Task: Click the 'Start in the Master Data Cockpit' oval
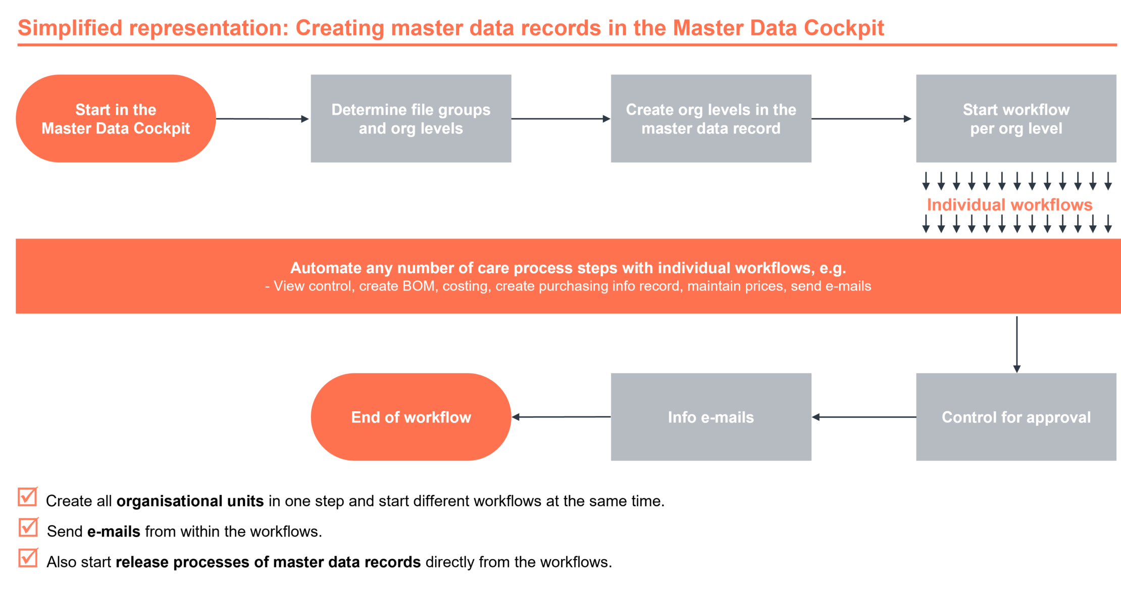click(x=116, y=119)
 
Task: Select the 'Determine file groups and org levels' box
click(x=411, y=119)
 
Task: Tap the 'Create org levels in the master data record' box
click(x=710, y=119)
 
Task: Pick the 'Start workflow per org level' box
click(x=1016, y=119)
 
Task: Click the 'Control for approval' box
click(x=1016, y=417)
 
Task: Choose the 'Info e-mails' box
click(x=710, y=417)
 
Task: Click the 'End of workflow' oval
click(x=411, y=417)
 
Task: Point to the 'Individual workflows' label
click(x=1009, y=205)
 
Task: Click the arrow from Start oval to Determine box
click(x=263, y=119)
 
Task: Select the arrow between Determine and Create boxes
click(x=560, y=119)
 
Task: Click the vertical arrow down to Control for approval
click(x=1016, y=343)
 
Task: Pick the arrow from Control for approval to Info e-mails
click(x=863, y=417)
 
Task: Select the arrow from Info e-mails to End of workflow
click(x=560, y=417)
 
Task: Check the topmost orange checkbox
click(x=28, y=497)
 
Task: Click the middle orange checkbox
click(x=28, y=527)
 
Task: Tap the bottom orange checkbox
click(x=28, y=558)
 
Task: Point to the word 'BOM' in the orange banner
click(x=419, y=286)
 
